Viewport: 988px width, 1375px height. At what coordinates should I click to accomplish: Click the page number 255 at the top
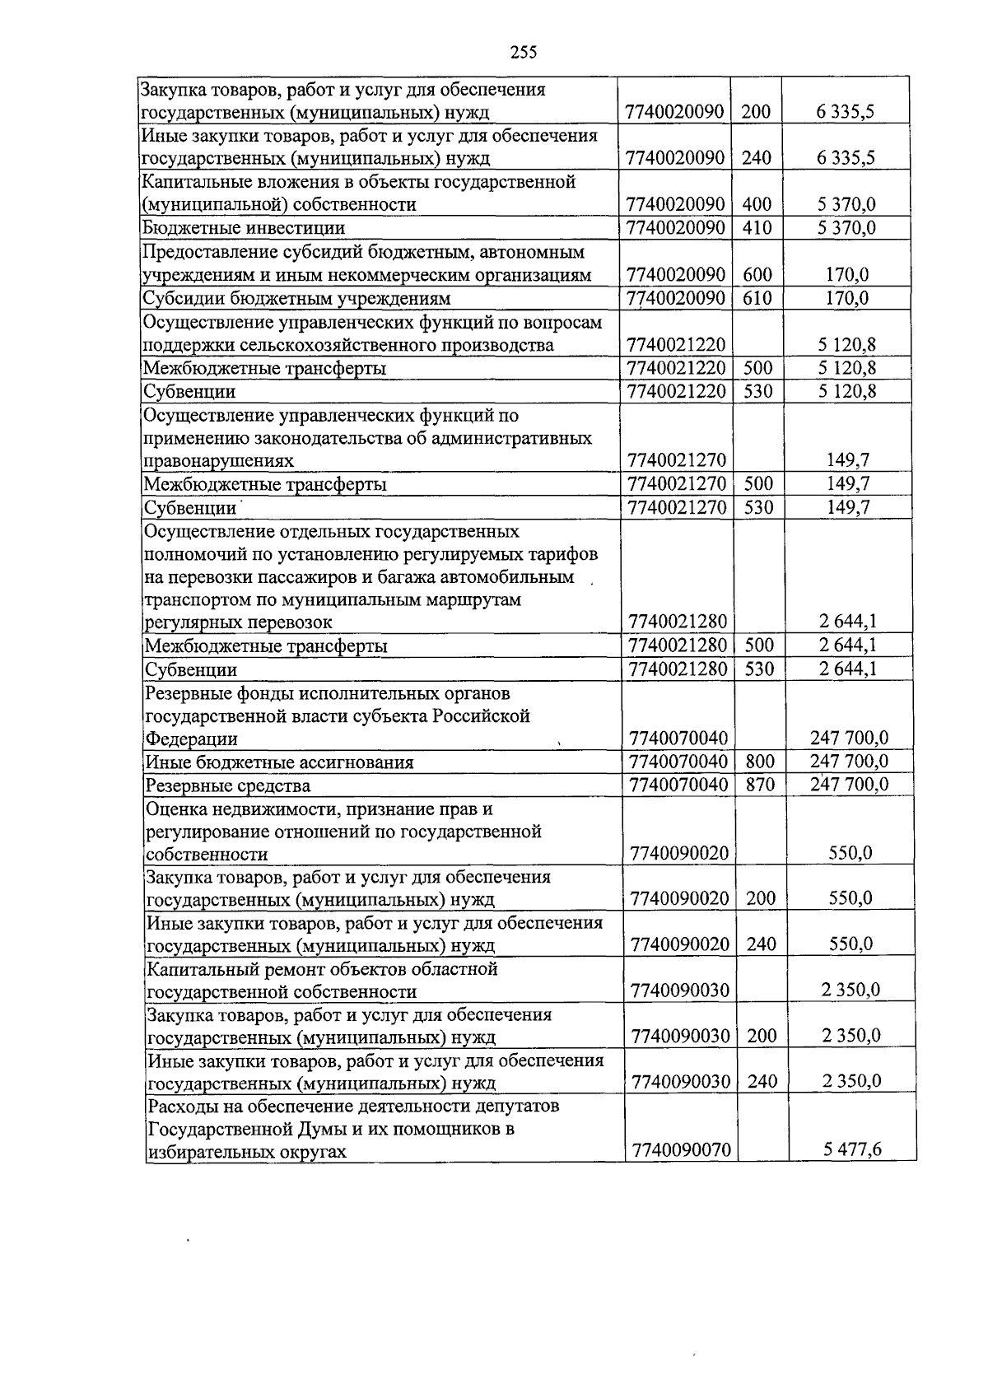(x=523, y=53)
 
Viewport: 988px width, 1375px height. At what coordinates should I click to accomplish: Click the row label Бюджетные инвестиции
(x=244, y=228)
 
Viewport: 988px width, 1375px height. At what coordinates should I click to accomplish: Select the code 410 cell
(x=757, y=228)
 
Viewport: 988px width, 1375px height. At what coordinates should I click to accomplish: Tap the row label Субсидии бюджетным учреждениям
(x=296, y=298)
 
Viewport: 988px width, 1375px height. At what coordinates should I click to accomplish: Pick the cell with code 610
(x=757, y=298)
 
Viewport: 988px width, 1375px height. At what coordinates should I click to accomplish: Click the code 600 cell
(x=757, y=275)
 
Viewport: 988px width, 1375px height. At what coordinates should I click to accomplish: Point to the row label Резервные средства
(x=228, y=785)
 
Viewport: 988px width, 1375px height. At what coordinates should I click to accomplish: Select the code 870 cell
(x=760, y=785)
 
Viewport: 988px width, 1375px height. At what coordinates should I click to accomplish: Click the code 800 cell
(x=760, y=762)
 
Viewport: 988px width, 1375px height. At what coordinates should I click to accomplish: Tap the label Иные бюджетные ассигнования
(x=279, y=762)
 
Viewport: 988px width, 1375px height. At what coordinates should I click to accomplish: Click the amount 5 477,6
(x=852, y=1149)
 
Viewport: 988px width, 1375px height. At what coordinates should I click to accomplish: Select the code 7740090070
(x=680, y=1149)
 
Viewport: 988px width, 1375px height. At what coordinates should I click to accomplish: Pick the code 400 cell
(x=757, y=204)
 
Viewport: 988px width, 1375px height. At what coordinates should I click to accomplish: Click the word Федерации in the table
(x=191, y=739)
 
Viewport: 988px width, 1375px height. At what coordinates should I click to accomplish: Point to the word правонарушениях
(x=218, y=461)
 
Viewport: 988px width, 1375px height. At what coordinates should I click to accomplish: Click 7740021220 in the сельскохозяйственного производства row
(x=675, y=345)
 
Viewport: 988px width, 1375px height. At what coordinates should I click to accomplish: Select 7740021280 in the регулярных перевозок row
(x=677, y=622)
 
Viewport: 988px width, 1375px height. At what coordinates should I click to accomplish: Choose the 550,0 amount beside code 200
(x=851, y=898)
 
